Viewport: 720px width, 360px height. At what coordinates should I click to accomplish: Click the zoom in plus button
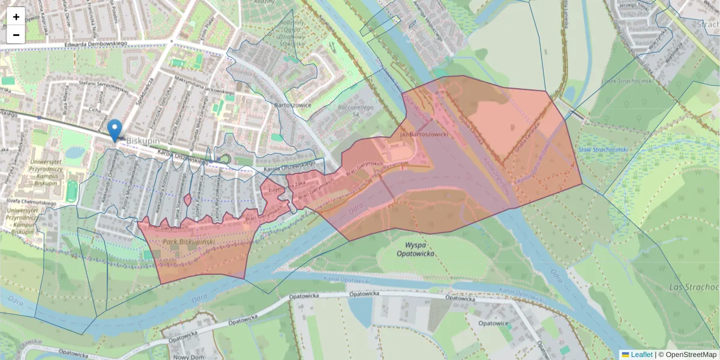click(16, 16)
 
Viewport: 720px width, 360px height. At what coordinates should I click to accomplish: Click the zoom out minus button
click(16, 35)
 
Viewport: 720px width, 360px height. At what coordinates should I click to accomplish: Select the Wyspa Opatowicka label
click(415, 249)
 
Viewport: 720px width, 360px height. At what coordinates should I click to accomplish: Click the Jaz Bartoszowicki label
click(424, 136)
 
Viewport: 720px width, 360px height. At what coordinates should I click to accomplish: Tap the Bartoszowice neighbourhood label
click(291, 105)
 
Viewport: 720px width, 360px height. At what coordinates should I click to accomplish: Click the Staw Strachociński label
click(603, 149)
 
